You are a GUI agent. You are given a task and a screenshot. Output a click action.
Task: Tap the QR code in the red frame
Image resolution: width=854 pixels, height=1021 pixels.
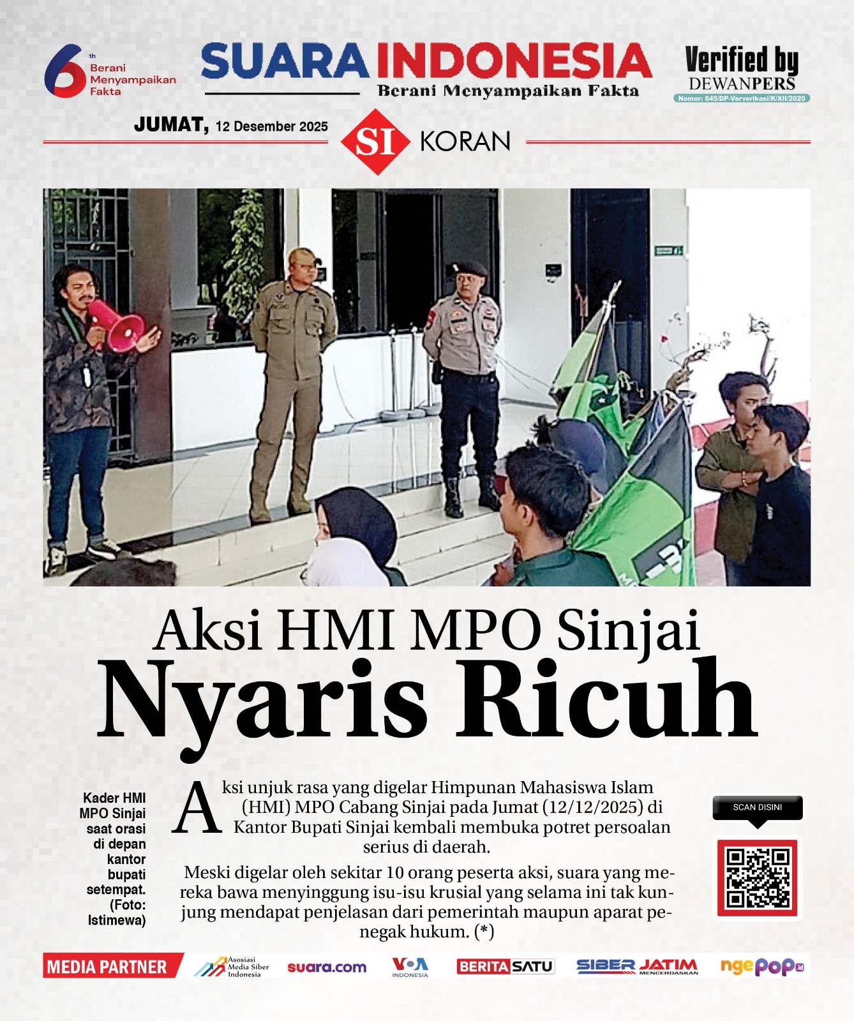(x=758, y=878)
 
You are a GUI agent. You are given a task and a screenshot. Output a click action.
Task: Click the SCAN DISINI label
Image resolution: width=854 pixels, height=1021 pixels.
(x=758, y=807)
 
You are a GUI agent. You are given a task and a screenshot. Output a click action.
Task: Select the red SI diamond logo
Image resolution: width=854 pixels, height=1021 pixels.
(x=375, y=142)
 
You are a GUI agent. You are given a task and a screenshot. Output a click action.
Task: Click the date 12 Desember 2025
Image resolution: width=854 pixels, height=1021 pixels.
(x=271, y=126)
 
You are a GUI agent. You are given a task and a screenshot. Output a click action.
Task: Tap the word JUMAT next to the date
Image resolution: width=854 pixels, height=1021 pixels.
(x=170, y=124)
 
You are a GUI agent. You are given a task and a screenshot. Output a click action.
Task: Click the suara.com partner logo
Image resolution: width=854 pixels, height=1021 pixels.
(x=327, y=967)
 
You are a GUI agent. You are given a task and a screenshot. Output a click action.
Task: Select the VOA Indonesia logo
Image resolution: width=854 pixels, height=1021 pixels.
(x=410, y=966)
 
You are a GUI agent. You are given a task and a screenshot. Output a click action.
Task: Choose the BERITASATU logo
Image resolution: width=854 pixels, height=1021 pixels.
(x=505, y=967)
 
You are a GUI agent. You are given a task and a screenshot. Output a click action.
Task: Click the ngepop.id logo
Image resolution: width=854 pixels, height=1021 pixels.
(x=761, y=967)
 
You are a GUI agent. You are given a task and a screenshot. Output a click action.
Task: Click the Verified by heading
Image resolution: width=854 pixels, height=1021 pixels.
(x=742, y=60)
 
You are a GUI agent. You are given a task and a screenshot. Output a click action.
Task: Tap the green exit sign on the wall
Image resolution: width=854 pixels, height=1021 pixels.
(x=668, y=251)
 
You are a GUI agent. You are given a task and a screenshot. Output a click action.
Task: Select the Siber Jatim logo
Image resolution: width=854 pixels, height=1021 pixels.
(x=637, y=967)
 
